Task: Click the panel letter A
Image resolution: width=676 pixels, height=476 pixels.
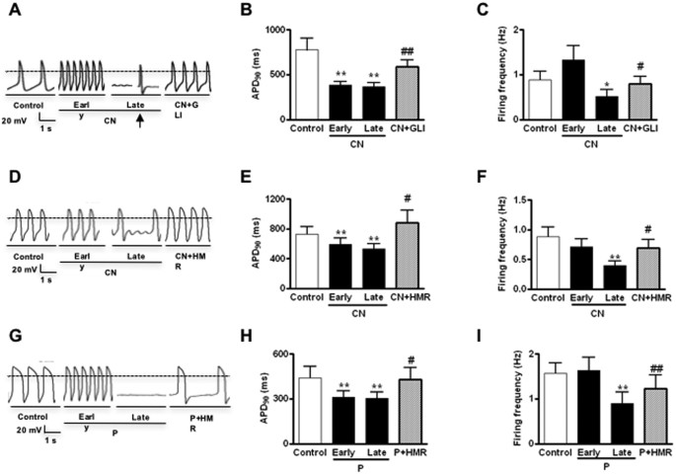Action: pos(10,10)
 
